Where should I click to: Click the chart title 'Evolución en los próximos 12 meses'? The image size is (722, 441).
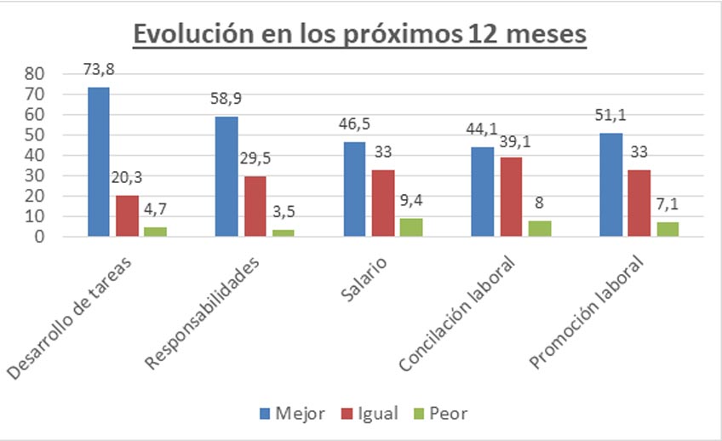(360, 35)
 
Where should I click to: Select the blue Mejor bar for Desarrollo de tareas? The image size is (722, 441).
(99, 162)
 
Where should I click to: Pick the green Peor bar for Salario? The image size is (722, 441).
(411, 227)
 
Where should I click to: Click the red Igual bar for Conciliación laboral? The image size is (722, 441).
(511, 197)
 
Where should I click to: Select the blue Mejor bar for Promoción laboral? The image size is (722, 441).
(610, 185)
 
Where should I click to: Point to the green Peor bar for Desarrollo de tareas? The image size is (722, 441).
(155, 232)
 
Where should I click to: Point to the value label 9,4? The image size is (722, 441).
(414, 202)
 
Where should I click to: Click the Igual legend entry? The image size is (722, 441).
(370, 414)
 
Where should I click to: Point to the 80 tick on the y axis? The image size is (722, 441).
(34, 74)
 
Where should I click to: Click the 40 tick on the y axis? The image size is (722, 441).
(34, 156)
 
